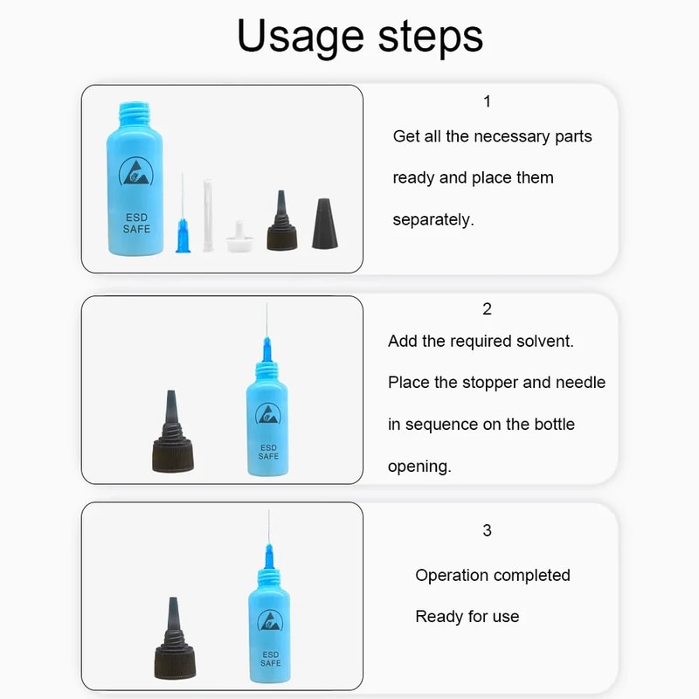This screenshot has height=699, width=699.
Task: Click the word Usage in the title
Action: [300, 37]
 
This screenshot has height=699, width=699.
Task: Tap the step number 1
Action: [487, 101]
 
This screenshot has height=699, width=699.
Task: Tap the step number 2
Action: [487, 308]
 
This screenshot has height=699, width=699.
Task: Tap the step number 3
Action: [487, 530]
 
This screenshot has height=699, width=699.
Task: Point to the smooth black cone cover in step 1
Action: [325, 224]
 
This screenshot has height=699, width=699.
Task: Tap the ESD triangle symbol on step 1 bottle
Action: [136, 175]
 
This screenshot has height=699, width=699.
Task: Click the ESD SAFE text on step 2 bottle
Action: [268, 452]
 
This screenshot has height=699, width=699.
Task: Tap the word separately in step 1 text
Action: [433, 219]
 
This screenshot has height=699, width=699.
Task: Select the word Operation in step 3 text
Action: [452, 575]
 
